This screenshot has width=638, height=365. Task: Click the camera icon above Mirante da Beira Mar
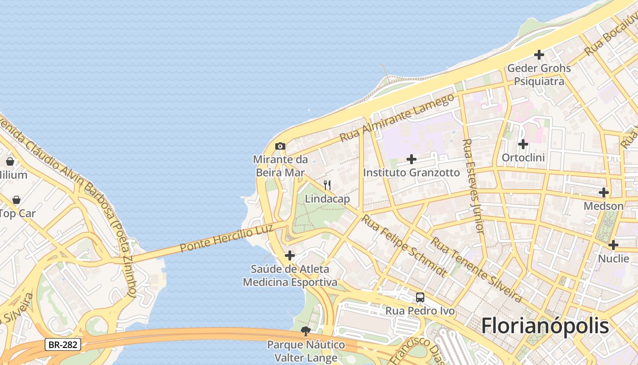pos(280,146)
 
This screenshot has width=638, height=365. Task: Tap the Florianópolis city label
pos(545,326)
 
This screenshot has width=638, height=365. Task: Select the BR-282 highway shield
pos(63,344)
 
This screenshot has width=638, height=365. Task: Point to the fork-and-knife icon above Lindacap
pos(327,185)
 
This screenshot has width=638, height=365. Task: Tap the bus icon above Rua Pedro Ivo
pos(420,298)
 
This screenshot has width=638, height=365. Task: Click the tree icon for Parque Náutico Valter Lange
pos(306,331)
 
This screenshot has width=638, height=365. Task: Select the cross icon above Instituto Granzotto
pos(412,159)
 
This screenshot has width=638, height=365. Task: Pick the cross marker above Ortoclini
pos(523,144)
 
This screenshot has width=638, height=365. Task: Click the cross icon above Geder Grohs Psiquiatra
pos(539,55)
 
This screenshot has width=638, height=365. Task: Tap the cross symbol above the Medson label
pos(604,193)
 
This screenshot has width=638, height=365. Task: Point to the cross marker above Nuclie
pos(613,245)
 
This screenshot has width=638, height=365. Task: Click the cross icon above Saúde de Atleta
pos(290,255)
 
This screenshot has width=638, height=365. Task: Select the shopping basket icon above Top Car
pos(16,200)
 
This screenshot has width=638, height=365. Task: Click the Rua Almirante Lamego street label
pos(397,117)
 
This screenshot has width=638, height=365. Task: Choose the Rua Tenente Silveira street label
pos(476,269)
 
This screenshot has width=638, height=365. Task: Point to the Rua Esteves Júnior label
pos(473,186)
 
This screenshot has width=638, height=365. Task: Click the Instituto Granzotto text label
pos(412,172)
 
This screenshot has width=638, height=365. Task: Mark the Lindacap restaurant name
pos(327,199)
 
